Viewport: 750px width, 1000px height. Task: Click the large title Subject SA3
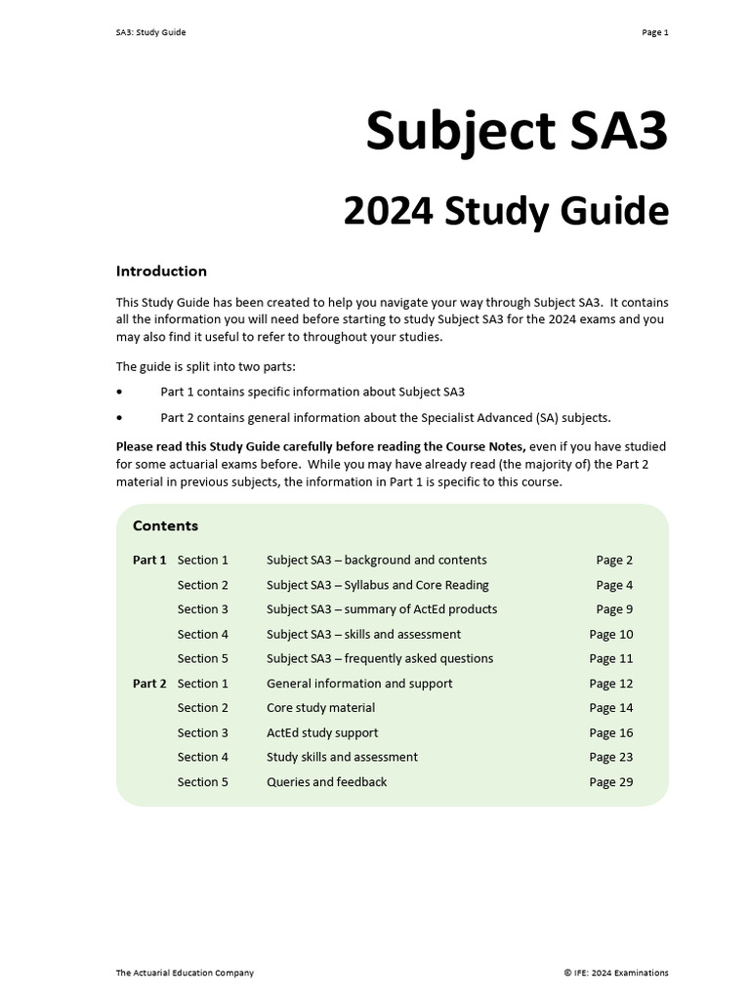[517, 131]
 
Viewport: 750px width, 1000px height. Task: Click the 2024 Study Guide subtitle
[505, 211]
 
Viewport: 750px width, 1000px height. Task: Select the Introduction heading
[161, 271]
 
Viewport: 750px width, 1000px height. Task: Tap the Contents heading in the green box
[165, 526]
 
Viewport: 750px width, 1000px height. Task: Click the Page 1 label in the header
[654, 32]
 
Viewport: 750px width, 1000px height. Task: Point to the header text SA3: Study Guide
[150, 32]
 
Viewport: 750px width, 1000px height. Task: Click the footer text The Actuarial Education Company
[185, 973]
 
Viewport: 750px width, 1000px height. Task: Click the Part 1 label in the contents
[149, 561]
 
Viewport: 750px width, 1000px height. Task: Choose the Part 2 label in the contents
[149, 684]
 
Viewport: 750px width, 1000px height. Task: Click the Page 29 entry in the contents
[611, 782]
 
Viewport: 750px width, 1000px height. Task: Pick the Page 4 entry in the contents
[614, 585]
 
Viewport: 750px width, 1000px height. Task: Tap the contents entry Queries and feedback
[326, 782]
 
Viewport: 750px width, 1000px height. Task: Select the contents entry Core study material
[320, 708]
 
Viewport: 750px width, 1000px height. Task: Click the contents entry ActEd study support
[322, 732]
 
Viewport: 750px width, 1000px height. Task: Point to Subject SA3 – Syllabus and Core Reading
[377, 585]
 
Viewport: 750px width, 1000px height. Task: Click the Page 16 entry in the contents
[611, 732]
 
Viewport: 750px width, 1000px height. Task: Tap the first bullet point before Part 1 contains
[120, 392]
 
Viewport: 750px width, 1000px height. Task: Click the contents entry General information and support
[359, 684]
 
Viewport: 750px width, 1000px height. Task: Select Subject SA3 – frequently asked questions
[380, 659]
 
